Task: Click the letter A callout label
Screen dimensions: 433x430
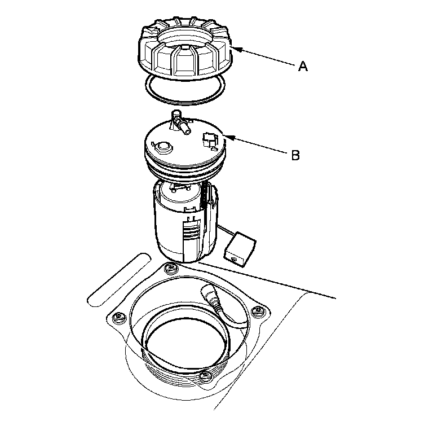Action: tap(303, 67)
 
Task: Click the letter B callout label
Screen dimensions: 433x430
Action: tap(295, 155)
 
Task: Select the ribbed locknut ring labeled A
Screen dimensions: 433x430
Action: tap(184, 49)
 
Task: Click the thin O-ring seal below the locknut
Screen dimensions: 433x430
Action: tap(184, 103)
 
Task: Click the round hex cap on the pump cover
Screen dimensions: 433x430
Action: tap(163, 148)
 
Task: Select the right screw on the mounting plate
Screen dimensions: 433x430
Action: tap(258, 311)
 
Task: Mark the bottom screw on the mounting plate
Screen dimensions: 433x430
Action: tap(206, 376)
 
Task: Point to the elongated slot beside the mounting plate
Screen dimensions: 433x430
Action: tap(120, 280)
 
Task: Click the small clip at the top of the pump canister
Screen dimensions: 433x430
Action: tap(179, 187)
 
